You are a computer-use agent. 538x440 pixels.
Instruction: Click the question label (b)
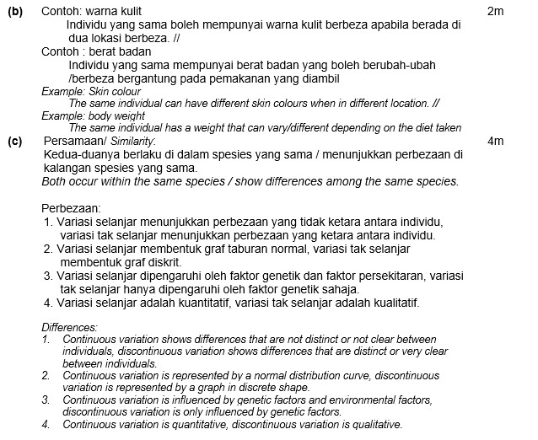(14, 12)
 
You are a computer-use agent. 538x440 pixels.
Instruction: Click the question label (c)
(14, 142)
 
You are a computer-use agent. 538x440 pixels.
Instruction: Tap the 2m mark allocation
(495, 12)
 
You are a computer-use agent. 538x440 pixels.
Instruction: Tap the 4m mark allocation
(495, 142)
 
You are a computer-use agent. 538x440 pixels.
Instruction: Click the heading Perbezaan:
(71, 207)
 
